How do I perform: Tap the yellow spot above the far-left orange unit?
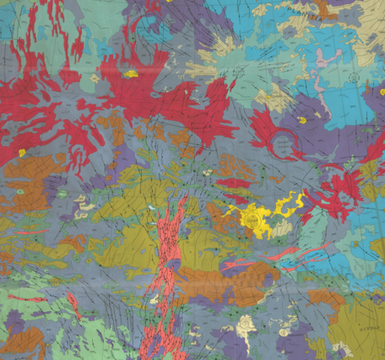pyautogui.click(x=23, y=153)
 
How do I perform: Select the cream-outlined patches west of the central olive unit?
pyautogui.click(x=84, y=208)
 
